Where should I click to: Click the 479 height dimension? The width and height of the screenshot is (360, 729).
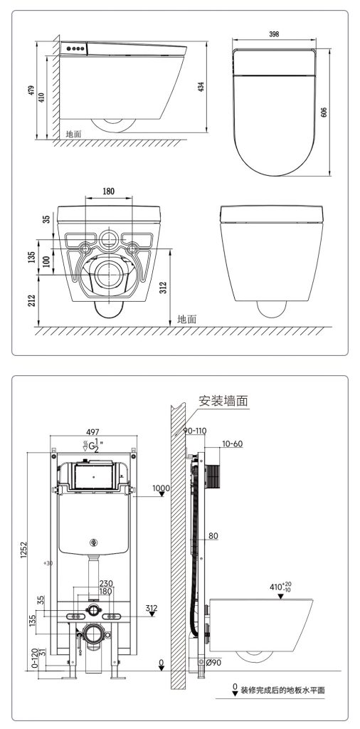click(31, 91)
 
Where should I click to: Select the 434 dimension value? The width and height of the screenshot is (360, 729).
click(201, 87)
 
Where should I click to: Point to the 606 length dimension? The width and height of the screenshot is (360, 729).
click(324, 112)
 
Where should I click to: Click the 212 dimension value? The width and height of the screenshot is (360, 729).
click(31, 300)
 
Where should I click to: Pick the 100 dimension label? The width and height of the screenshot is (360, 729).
click(46, 261)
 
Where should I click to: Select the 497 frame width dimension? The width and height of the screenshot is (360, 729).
click(93, 432)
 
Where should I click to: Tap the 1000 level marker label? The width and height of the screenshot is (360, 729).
click(162, 488)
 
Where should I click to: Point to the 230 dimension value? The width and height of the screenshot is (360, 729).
click(106, 584)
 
